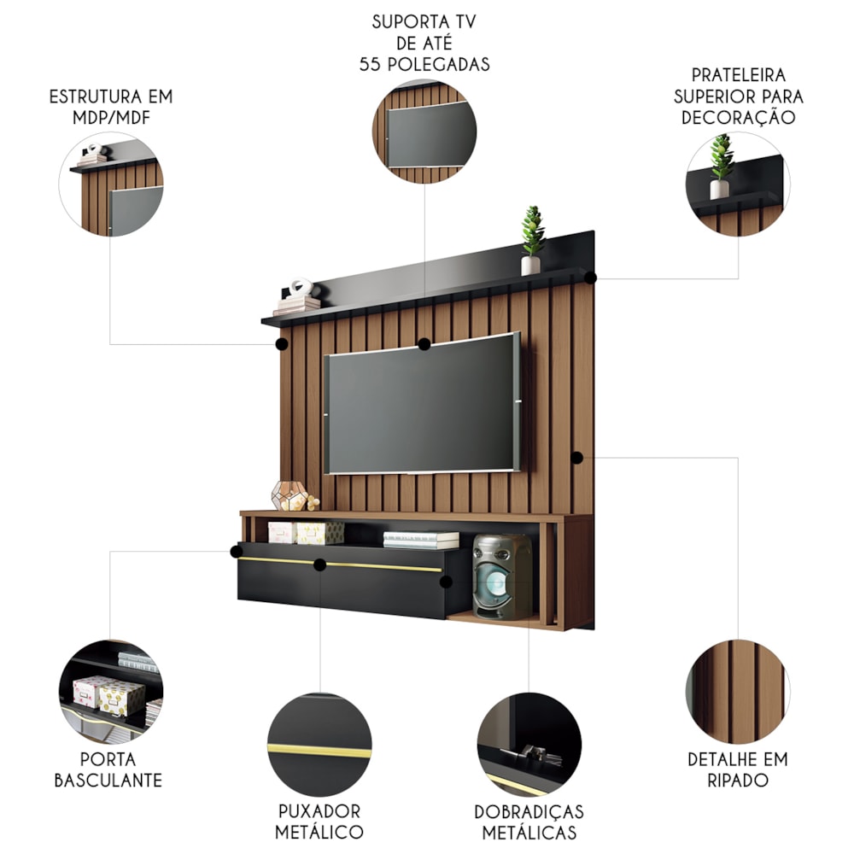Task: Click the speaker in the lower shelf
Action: [501, 576]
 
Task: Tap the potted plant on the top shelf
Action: [532, 240]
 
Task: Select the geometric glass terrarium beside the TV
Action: [290, 495]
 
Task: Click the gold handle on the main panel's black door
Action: [340, 564]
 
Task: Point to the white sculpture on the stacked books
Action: [301, 288]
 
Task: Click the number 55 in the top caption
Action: [370, 64]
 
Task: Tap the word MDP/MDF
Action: [111, 118]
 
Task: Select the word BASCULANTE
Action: [108, 780]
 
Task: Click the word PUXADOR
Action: [319, 811]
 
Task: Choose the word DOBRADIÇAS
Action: [529, 811]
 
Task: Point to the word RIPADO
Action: [738, 780]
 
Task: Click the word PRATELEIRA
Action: [738, 75]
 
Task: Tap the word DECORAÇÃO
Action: [738, 116]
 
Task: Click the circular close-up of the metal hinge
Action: [529, 745]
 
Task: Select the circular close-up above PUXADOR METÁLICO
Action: [319, 745]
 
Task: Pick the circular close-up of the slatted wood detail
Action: [738, 692]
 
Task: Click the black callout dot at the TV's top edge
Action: [424, 344]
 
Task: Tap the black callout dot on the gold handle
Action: [319, 564]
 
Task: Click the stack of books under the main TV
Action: [421, 541]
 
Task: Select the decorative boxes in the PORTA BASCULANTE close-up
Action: [109, 695]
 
